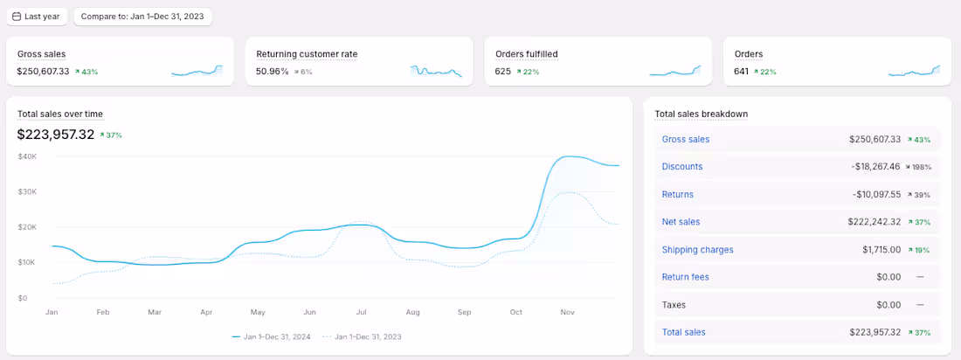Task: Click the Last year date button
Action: coord(37,17)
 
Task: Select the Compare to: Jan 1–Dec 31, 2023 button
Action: coord(142,17)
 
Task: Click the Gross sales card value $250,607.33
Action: coord(43,72)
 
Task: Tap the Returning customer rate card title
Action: coord(307,54)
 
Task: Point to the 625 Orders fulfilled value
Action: coord(502,72)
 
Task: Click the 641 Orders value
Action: coord(742,72)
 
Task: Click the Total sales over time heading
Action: coord(60,114)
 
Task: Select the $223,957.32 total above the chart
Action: coord(56,135)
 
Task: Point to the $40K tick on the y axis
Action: coord(27,156)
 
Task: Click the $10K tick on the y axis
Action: coord(27,263)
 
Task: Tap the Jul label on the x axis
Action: coord(361,312)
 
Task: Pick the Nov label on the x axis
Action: coord(567,312)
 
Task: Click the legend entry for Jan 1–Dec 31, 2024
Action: coord(272,336)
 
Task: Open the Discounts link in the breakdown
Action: coord(682,166)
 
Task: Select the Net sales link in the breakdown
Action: coord(681,222)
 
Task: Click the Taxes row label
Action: coord(674,305)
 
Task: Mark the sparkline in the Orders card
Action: coord(914,72)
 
